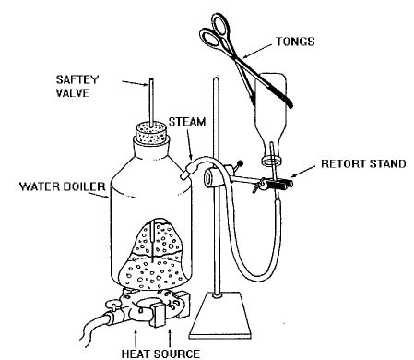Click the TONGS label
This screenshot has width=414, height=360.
(295, 42)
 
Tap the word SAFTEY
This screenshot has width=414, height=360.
(77, 79)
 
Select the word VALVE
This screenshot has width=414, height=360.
(73, 93)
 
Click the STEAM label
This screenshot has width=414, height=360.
(187, 122)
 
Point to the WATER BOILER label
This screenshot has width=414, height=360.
(63, 186)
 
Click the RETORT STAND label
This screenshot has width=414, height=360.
(363, 163)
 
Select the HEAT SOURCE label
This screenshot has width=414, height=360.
(160, 354)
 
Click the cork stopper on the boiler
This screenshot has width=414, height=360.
(151, 132)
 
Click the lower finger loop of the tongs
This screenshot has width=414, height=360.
(210, 39)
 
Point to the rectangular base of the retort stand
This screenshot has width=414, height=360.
(221, 315)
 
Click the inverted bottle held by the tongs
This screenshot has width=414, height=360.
(270, 118)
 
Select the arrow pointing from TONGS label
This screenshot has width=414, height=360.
(257, 52)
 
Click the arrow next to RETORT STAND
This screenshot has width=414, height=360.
(302, 172)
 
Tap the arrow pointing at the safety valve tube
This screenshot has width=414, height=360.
(136, 83)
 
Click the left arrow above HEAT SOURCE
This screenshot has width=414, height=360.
(136, 339)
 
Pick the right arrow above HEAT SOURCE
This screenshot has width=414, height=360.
(170, 339)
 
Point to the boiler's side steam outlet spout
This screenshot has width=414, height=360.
(188, 170)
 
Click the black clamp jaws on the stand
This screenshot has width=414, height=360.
(279, 185)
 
